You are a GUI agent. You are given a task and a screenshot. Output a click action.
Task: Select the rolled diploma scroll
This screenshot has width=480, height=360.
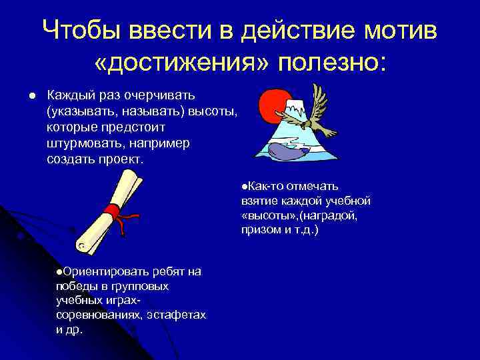pyautogui.click(x=107, y=213)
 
